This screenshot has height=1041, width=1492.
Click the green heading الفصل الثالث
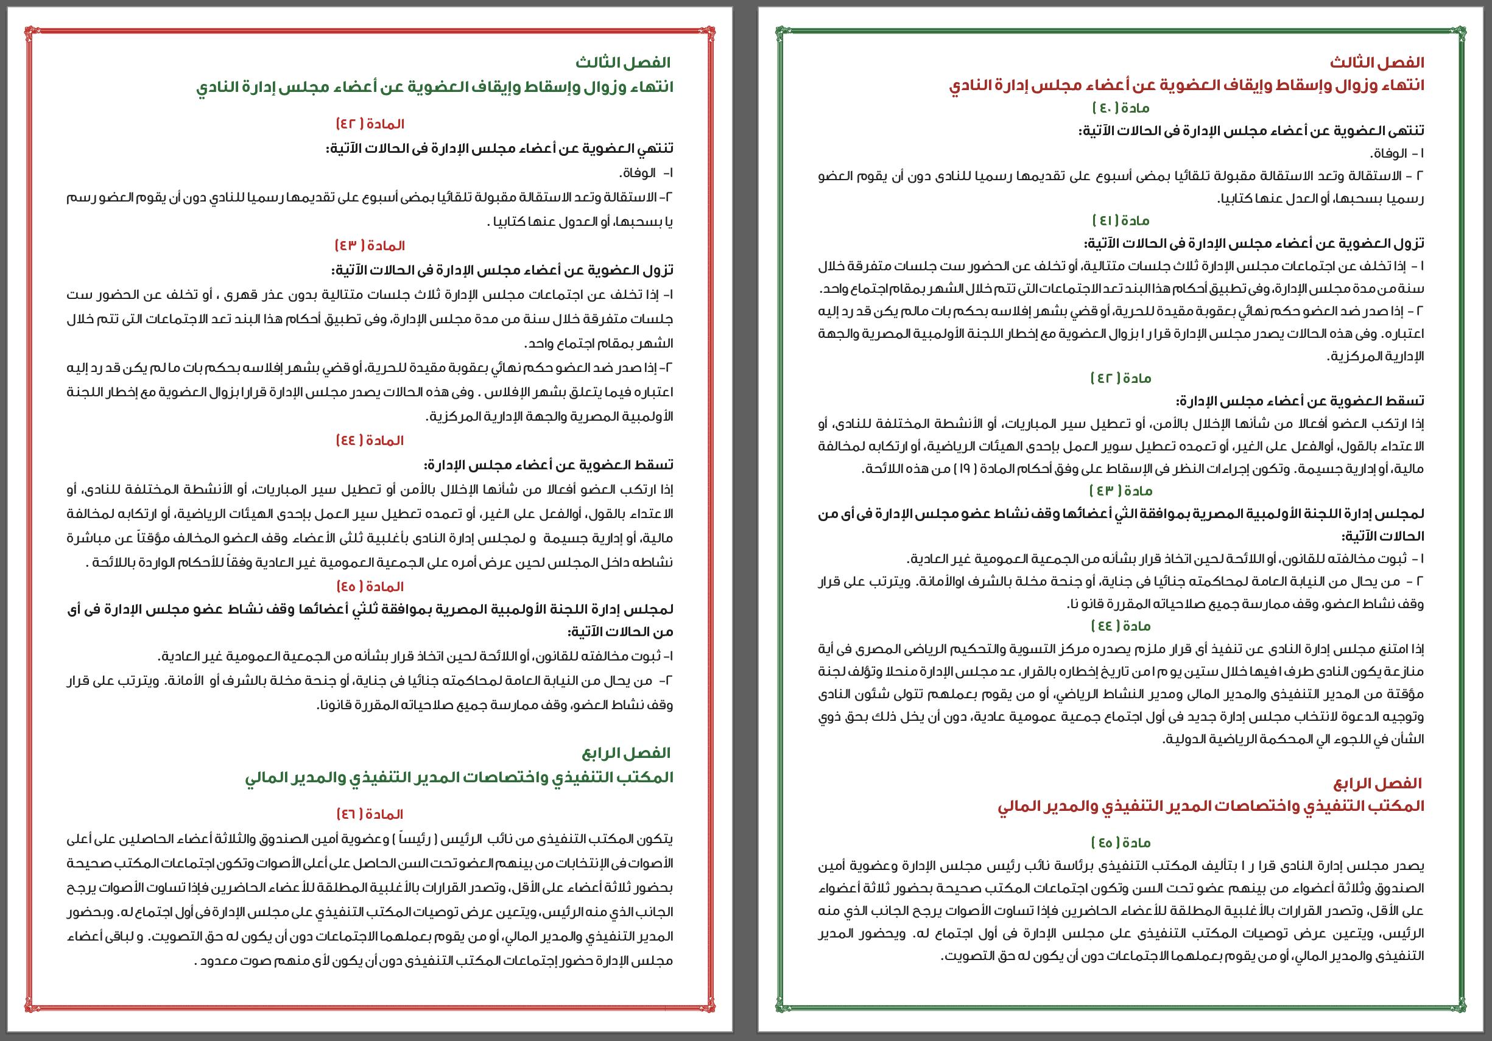pyautogui.click(x=622, y=62)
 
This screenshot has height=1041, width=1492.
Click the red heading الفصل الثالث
pyautogui.click(x=1376, y=62)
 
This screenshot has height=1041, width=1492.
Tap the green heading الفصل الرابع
pyautogui.click(x=626, y=752)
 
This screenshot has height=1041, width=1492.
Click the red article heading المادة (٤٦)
pyautogui.click(x=370, y=815)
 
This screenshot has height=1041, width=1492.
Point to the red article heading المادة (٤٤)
pyautogui.click(x=370, y=440)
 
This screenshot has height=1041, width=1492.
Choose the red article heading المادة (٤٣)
pyautogui.click(x=370, y=245)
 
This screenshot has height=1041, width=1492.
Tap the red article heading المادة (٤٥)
pyautogui.click(x=370, y=586)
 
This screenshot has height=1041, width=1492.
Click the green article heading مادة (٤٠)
pyautogui.click(x=1121, y=108)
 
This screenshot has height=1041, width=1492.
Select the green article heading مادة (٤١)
pyautogui.click(x=1121, y=221)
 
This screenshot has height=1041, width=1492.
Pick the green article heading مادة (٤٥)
pyautogui.click(x=1121, y=843)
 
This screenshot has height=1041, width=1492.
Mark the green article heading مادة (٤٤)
pyautogui.click(x=1121, y=626)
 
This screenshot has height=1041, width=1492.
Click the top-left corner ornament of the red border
pyautogui.click(x=29, y=31)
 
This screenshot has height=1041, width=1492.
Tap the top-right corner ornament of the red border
pyautogui.click(x=709, y=31)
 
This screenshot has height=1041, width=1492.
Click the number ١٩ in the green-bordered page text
pyautogui.click(x=965, y=469)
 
